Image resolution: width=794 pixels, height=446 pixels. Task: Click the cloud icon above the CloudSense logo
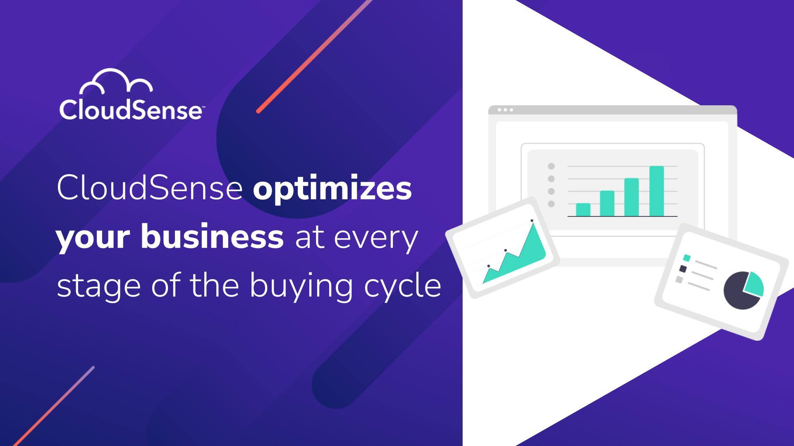point(116,81)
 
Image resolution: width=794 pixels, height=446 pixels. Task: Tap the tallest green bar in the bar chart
point(656,191)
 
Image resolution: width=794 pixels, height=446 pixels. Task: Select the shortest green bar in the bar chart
point(583,209)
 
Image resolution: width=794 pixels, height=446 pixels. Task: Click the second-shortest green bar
point(607,203)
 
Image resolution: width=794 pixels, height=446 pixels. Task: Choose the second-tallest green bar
point(631,197)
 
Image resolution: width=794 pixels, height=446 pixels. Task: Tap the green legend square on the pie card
point(687,258)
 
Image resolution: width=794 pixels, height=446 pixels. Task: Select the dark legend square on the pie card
point(683,269)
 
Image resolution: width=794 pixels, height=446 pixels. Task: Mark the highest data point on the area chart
point(532,221)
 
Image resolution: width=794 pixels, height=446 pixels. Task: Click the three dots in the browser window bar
point(505,110)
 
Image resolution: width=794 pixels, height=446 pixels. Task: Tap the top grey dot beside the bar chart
point(551,166)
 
